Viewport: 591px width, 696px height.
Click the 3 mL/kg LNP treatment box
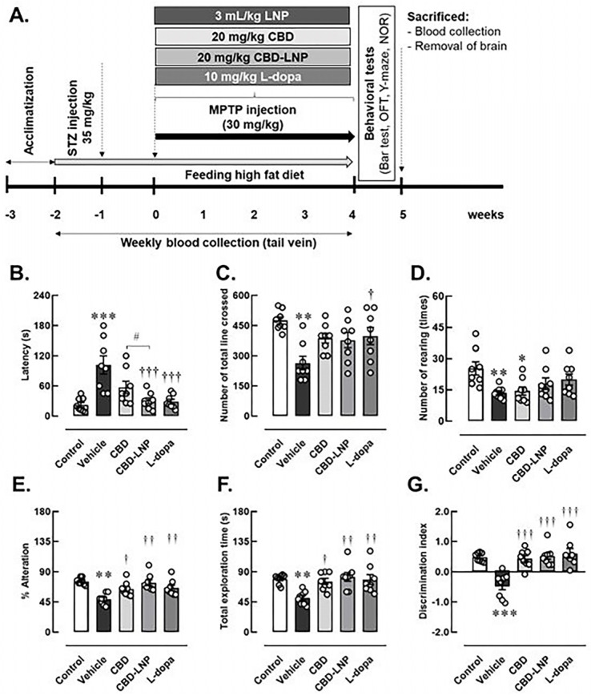(252, 15)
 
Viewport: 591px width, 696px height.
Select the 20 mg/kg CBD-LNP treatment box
(252, 57)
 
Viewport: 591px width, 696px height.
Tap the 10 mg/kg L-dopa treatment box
(252, 78)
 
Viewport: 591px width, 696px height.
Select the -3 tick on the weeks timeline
(6, 215)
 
